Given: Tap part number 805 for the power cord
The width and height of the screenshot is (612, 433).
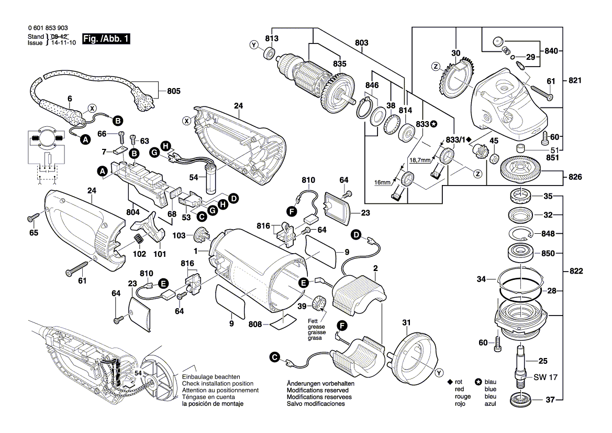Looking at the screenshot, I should tap(173, 91).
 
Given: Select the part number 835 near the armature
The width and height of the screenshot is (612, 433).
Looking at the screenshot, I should tap(339, 64).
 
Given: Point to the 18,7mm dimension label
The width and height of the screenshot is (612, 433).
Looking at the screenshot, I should tap(420, 159).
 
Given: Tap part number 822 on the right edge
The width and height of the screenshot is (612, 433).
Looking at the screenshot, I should tap(575, 272).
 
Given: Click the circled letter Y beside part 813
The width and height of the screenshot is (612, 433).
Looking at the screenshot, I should tap(254, 46).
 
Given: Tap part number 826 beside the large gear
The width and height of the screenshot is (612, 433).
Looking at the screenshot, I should tap(575, 177).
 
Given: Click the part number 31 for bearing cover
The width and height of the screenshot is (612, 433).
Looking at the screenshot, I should tap(406, 322).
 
